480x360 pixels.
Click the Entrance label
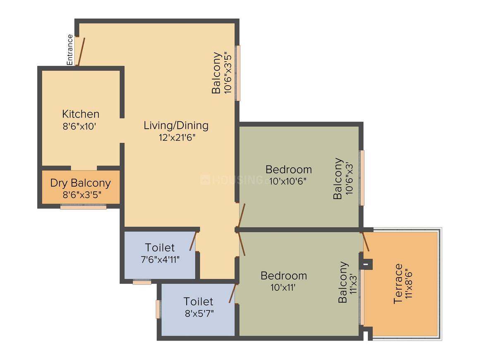[70, 50]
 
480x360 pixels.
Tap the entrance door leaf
[81, 52]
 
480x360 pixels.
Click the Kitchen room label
[81, 114]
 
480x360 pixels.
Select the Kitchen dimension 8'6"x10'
[79, 127]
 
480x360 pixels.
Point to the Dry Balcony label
[81, 182]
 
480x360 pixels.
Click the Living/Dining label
[176, 125]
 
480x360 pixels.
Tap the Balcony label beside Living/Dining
[216, 73]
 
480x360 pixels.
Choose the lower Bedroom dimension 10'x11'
[283, 288]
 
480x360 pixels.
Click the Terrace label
[398, 283]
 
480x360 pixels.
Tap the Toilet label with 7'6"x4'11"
[160, 247]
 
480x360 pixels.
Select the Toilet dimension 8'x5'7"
[199, 313]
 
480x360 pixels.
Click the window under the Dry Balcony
[83, 207]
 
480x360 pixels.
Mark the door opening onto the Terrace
[366, 242]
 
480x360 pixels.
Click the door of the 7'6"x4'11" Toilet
[193, 241]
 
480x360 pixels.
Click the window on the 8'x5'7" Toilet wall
[158, 309]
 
